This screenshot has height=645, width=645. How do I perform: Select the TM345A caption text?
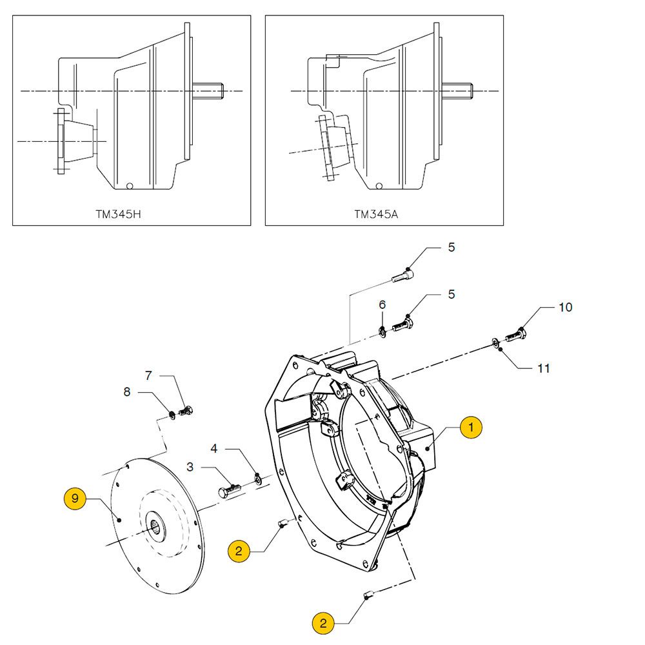point(376,213)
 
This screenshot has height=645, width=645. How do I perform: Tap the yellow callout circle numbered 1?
point(471,427)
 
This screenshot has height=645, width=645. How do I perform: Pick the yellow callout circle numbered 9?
point(75,499)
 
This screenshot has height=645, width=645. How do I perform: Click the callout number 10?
point(565,307)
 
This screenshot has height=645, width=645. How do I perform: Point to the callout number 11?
point(544,368)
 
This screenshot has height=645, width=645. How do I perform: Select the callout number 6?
point(382,304)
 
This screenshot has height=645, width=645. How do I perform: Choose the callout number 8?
point(126,391)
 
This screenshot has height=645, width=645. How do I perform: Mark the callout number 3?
point(190,466)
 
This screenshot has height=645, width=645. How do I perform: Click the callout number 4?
point(214,447)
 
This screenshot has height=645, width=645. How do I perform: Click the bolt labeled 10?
point(514,336)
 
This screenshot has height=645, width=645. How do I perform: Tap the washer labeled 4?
point(258,478)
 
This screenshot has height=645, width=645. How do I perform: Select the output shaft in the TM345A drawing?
point(458,91)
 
